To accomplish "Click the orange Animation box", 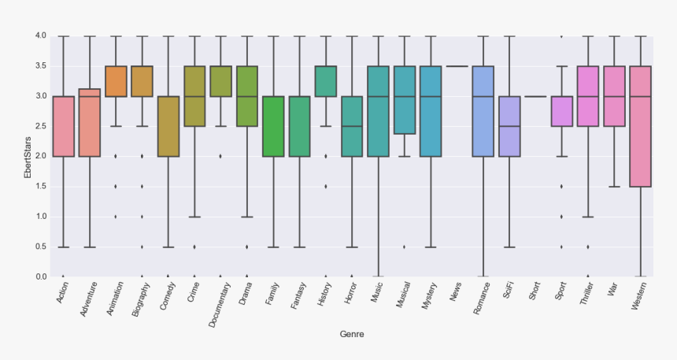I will click(116, 81).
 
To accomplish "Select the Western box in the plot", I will click(641, 126).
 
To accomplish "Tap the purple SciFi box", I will click(509, 126).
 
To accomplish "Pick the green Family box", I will click(273, 126).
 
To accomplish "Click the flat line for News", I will click(457, 66).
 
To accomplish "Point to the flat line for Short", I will click(535, 96).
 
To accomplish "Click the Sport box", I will click(562, 111).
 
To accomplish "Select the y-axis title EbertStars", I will click(28, 156).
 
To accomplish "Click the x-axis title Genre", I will click(352, 334).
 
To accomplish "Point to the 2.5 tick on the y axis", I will click(40, 126).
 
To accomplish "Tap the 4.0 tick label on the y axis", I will click(40, 36).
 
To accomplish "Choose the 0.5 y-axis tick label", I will click(40, 247).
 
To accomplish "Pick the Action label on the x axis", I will click(61, 293).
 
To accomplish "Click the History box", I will click(326, 81).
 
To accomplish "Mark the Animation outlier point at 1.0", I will click(116, 217).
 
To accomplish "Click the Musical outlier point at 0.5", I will click(405, 247).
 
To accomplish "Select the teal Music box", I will click(378, 111).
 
